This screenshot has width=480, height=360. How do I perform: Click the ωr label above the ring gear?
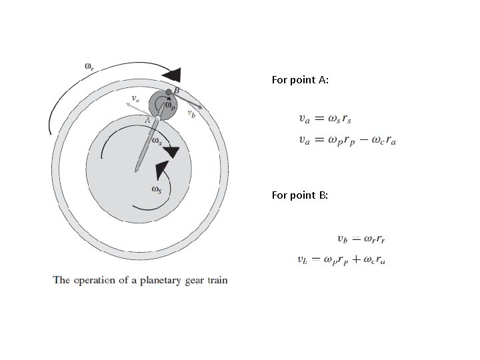89,65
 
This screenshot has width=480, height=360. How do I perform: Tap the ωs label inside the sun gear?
156,189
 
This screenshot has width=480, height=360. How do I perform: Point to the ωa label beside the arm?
156,141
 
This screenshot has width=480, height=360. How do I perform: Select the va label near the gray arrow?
135,99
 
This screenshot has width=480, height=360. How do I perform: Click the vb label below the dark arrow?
192,115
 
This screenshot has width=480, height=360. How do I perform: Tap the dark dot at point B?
169,91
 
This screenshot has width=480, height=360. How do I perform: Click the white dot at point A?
158,118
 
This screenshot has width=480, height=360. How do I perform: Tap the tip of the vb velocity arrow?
203,107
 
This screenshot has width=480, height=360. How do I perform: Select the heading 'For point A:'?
300,80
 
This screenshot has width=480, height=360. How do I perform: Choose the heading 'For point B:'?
300,195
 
